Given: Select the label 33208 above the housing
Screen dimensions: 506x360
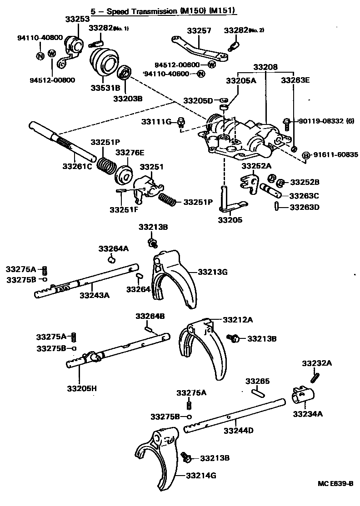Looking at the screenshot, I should coord(265,67).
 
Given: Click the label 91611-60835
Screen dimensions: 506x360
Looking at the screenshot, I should coord(335,155).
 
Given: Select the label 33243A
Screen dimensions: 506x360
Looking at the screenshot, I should coord(95,295).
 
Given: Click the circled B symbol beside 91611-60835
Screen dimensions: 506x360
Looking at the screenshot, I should coord(306,155).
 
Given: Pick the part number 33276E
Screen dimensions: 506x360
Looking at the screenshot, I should coord(130,152).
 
